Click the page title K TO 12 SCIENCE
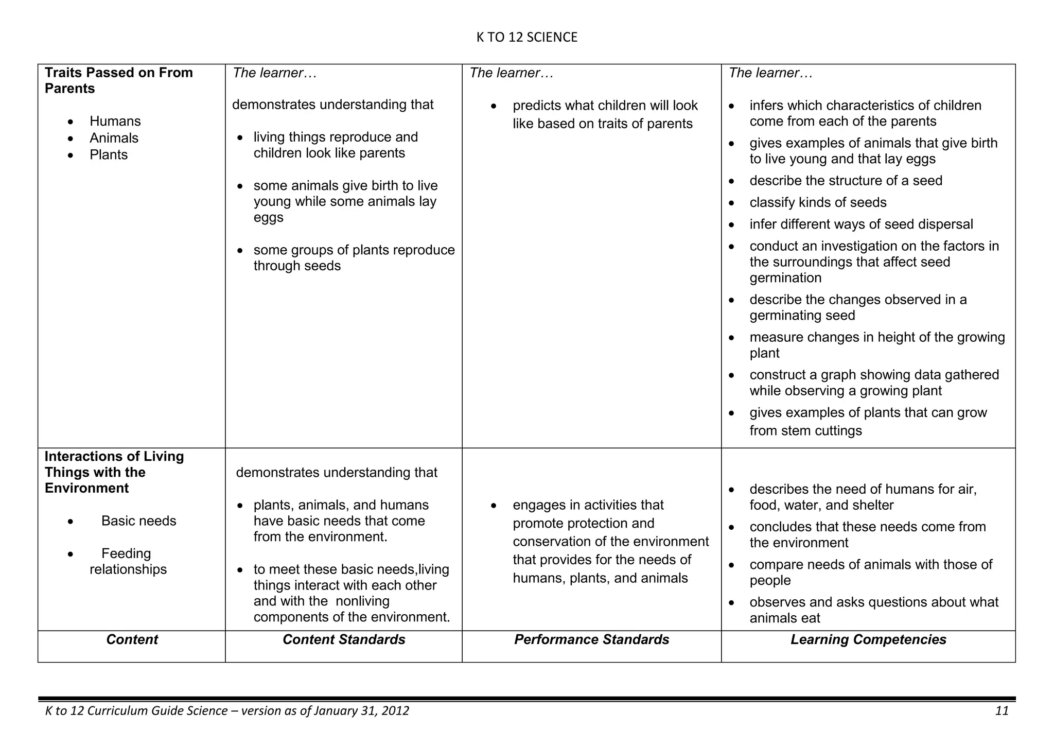coord(526,37)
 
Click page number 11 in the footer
coord(1002,711)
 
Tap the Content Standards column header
coord(344,639)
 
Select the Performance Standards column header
coord(591,639)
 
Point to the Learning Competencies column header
coord(868,639)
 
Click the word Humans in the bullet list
coord(115,121)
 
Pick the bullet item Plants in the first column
coord(108,154)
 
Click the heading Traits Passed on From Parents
coord(118,80)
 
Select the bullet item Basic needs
coord(138,521)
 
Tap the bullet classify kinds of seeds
coord(817,202)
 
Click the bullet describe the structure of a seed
coord(846,181)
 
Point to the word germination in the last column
coord(785,278)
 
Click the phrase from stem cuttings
coord(805,430)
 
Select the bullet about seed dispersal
coord(860,224)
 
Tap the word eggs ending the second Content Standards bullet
coord(268,217)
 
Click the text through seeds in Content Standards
coord(297,266)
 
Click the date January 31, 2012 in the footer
coord(361,711)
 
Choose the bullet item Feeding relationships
coord(127,561)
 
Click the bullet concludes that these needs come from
coord(867,527)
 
